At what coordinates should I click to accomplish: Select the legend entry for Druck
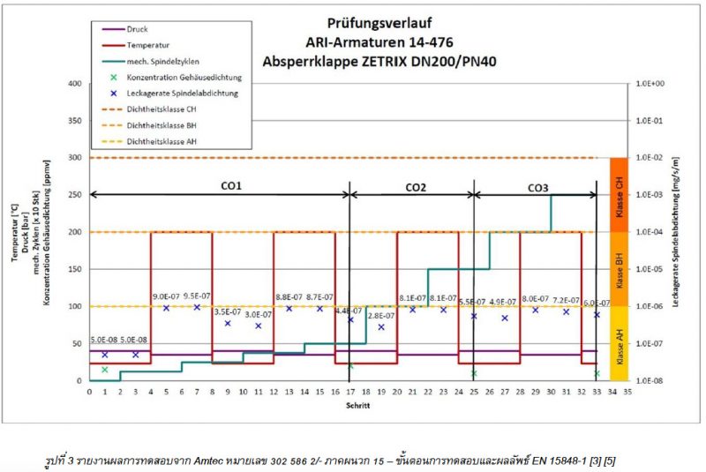pos(137,27)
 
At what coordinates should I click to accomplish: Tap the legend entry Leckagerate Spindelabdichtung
pos(182,92)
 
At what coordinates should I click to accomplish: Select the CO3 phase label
pos(537,187)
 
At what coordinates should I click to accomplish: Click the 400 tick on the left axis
pos(74,84)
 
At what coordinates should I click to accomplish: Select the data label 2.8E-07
pos(380,316)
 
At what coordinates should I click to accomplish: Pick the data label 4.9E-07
pos(502,301)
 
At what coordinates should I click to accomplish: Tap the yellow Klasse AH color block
pos(618,343)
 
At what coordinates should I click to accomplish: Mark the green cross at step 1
pos(104,370)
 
